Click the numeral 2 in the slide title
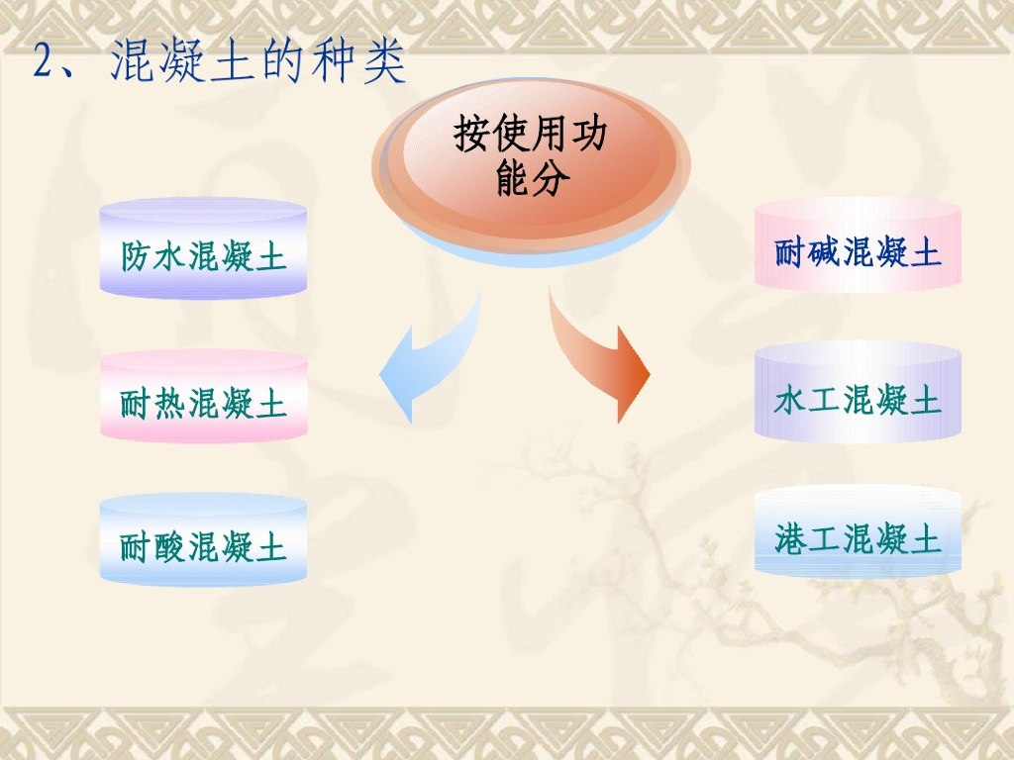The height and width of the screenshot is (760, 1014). click(44, 62)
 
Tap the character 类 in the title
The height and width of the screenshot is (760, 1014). click(384, 60)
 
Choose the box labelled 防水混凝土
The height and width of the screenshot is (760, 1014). click(203, 248)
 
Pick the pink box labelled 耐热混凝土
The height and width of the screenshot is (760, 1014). click(203, 396)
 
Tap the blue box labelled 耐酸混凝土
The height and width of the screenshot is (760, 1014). click(203, 539)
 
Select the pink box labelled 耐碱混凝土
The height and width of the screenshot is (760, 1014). click(858, 243)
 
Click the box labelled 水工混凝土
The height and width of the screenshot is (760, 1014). click(858, 392)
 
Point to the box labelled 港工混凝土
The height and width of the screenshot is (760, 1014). click(858, 530)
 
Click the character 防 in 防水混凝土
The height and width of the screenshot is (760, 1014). click(136, 256)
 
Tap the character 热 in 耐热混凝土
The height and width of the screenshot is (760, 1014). click(170, 404)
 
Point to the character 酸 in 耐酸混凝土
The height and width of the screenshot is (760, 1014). click(170, 547)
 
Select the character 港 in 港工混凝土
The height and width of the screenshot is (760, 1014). click(790, 539)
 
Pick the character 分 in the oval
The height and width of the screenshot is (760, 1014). click(551, 176)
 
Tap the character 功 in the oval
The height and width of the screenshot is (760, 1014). click(589, 134)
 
